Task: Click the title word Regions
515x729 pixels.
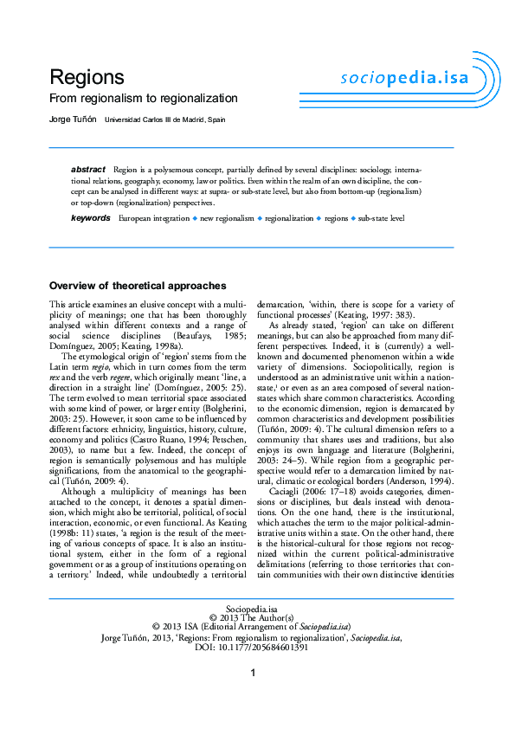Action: pyautogui.click(x=87, y=77)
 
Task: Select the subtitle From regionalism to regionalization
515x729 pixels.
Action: pyautogui.click(x=143, y=99)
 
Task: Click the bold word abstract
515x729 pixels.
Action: pyautogui.click(x=88, y=169)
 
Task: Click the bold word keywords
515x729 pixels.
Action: pyautogui.click(x=91, y=218)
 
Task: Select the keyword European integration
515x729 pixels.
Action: pyautogui.click(x=153, y=219)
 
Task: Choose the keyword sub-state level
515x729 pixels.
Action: pyautogui.click(x=382, y=219)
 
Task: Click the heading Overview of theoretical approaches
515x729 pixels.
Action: pyautogui.click(x=138, y=286)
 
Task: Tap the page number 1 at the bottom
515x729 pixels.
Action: pyautogui.click(x=253, y=674)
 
